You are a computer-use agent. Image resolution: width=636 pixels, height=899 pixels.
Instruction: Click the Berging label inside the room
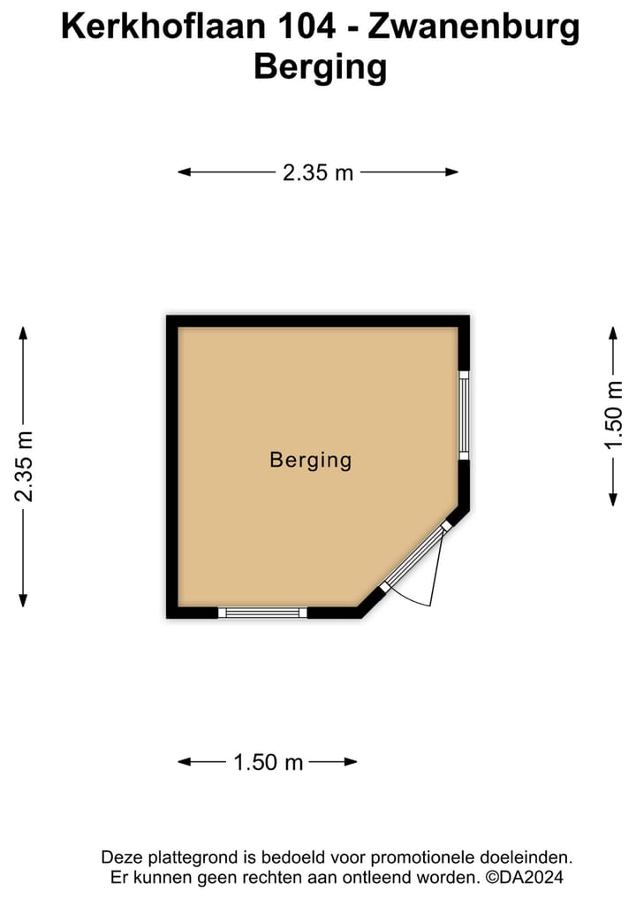point(311,461)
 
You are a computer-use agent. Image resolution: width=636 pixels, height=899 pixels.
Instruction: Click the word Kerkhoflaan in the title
point(163,27)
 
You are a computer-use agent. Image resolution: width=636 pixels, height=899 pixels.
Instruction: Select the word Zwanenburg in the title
point(473,27)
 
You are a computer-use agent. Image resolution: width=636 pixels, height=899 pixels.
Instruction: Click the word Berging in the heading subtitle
point(321,68)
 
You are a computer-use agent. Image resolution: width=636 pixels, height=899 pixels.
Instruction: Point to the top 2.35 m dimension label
point(318,172)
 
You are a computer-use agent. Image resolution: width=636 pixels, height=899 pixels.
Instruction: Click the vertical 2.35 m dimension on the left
point(24,466)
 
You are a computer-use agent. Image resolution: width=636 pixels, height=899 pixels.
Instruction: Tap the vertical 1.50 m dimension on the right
point(613,415)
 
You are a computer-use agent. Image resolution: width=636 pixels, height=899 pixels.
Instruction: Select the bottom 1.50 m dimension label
point(269,762)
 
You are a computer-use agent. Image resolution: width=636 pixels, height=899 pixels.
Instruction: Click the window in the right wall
point(464,415)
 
